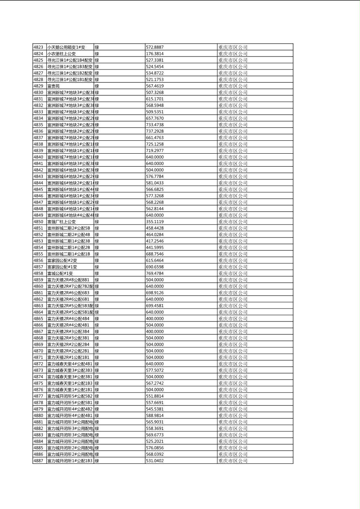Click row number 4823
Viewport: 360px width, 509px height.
(38, 47)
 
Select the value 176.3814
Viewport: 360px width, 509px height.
(155, 54)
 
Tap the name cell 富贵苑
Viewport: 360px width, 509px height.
(53, 86)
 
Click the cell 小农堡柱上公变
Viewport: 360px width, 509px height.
(61, 54)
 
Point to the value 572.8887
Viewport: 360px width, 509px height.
(155, 47)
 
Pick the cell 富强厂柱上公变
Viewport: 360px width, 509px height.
(61, 221)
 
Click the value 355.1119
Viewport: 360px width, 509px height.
(155, 221)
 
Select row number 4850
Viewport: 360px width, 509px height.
(38, 221)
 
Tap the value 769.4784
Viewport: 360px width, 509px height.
(155, 273)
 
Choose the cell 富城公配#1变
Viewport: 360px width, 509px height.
(60, 273)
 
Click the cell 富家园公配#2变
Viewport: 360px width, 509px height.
(62, 260)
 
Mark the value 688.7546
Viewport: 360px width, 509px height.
(155, 254)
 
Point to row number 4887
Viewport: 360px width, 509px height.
(38, 460)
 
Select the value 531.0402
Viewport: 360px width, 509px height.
(155, 460)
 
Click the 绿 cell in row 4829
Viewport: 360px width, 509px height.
(97, 86)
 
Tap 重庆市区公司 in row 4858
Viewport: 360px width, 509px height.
(233, 273)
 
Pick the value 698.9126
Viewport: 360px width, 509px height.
(155, 292)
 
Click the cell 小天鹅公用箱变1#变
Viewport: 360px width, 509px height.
(66, 47)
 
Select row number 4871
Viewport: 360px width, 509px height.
(38, 357)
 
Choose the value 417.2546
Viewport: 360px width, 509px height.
(155, 241)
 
